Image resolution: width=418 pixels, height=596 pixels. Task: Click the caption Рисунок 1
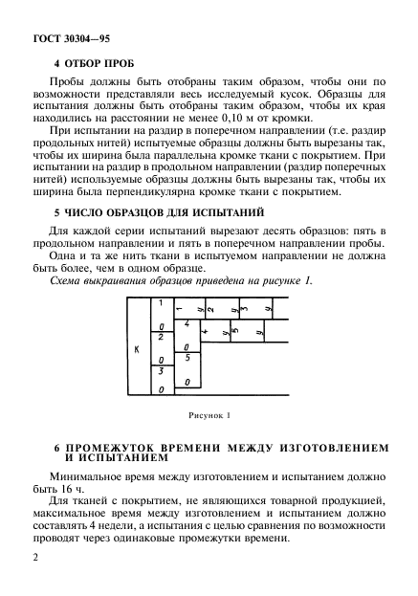209,416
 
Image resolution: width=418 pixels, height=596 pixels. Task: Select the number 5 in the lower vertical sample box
187,357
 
